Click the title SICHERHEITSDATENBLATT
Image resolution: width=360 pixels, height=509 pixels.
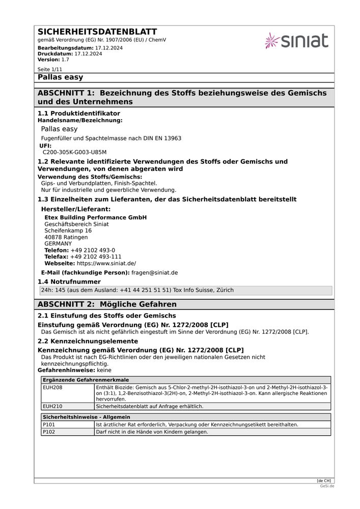point(97,32)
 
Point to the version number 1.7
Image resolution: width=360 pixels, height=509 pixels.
point(65,60)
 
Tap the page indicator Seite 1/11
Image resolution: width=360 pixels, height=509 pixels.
point(50,69)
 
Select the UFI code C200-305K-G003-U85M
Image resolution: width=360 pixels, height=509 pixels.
point(74,152)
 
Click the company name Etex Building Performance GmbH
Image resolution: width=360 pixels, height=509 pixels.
point(95,217)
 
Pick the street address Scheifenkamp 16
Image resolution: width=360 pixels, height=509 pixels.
point(68,231)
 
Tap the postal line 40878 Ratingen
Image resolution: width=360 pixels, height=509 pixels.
point(66,237)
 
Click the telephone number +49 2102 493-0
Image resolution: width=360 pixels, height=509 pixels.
point(93,250)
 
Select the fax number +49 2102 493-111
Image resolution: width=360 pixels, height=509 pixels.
point(96,257)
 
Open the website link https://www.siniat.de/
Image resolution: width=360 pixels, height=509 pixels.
point(106,264)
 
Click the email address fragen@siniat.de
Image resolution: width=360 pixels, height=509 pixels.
point(154,273)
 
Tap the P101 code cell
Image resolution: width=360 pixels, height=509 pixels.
point(48,425)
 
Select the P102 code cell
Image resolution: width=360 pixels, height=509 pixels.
point(48,432)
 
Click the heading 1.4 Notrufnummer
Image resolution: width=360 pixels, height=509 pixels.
point(69,281)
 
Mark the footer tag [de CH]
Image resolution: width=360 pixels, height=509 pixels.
point(323,480)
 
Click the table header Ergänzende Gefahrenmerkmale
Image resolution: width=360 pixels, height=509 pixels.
point(86,380)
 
